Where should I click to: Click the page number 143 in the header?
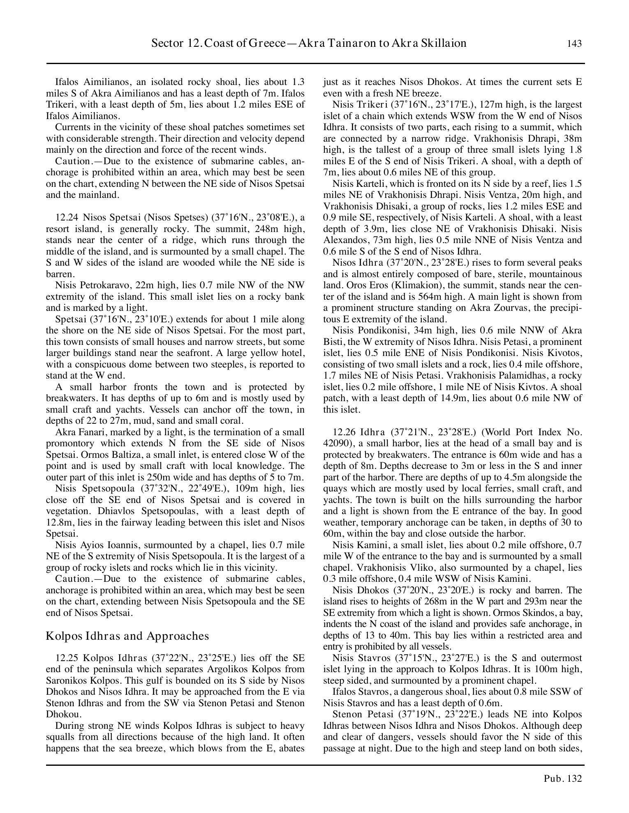click(574, 44)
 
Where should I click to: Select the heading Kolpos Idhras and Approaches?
click(127, 636)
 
